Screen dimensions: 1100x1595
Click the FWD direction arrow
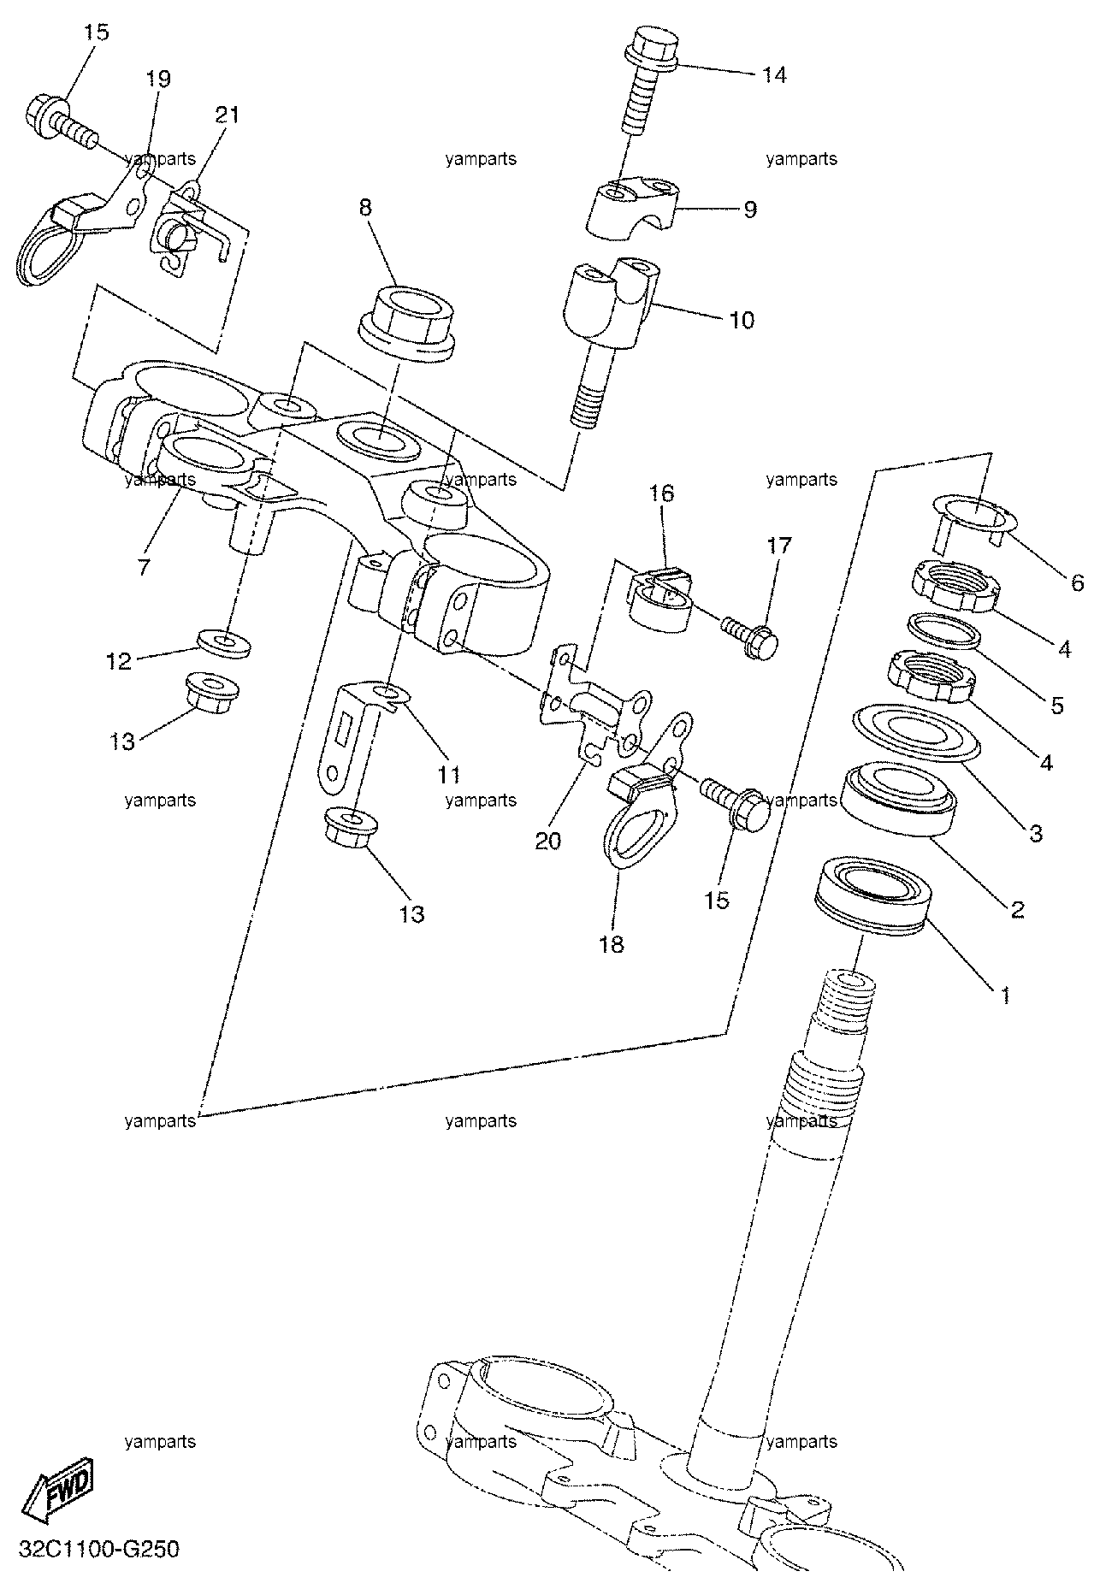tap(59, 1489)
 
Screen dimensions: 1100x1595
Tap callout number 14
tap(773, 75)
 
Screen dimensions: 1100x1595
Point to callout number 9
tap(749, 210)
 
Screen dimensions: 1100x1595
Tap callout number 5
tap(1056, 706)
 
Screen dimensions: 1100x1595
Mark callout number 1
tap(1006, 995)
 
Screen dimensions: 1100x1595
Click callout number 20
tap(547, 842)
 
